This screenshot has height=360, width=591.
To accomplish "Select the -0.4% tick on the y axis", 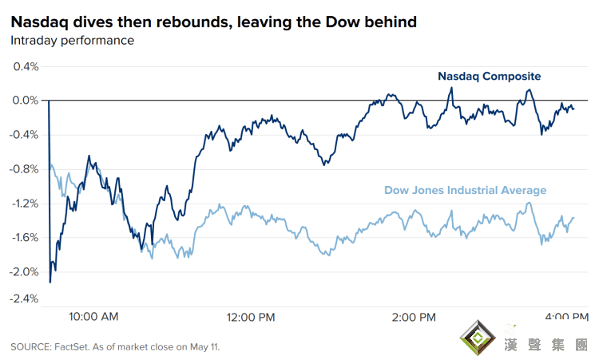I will click(x=25, y=134).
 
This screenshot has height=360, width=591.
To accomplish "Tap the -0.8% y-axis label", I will click(x=25, y=168).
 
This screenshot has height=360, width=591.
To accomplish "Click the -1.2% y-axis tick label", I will click(x=25, y=203).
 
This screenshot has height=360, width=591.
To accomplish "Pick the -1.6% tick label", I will click(x=25, y=237).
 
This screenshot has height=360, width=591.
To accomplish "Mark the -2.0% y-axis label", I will click(x=25, y=271).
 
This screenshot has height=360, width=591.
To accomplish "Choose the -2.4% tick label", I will click(x=25, y=299).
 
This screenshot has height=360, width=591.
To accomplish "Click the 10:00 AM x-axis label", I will click(x=93, y=316).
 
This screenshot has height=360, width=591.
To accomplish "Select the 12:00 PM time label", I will click(x=251, y=317).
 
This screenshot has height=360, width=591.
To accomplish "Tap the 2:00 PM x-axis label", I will click(x=414, y=317).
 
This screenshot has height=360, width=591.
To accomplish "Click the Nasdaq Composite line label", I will click(x=489, y=77).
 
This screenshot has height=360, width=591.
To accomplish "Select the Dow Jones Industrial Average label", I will click(x=465, y=190).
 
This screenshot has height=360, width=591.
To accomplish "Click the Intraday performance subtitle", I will click(x=72, y=40).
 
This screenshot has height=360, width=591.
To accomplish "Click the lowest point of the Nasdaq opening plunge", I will click(x=50, y=282).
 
